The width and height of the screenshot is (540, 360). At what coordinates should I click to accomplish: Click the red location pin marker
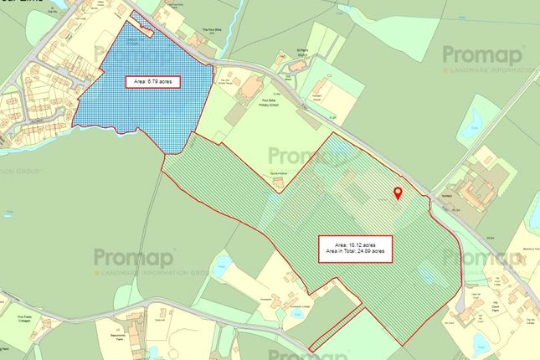pos(398,193)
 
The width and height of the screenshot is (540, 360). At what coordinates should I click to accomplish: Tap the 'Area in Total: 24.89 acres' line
pos(352,250)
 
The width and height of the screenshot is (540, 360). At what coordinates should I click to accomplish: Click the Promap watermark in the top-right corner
pos(482,55)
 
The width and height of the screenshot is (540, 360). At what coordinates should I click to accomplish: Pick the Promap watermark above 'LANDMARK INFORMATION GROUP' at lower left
pos(133,257)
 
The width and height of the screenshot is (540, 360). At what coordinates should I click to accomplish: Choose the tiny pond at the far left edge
pos(6,343)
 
